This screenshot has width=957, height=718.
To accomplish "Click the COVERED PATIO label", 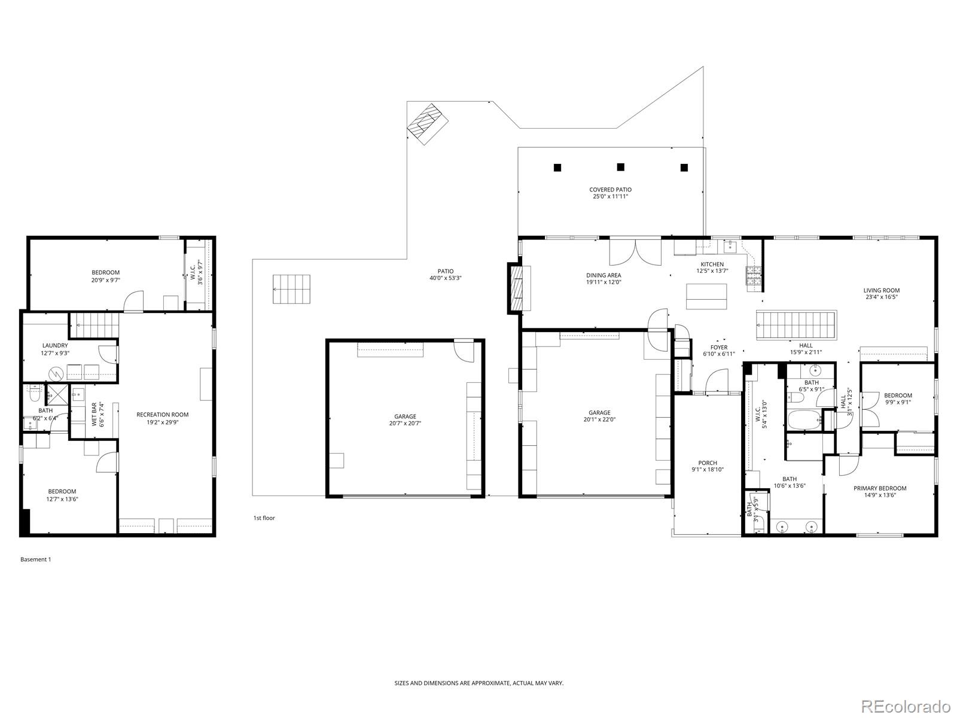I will tap(610, 190).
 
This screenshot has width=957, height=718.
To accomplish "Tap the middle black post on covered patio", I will tap(621, 167).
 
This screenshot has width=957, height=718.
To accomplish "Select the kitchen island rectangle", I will tap(706, 296).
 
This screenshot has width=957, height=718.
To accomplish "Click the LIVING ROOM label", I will tap(882, 290).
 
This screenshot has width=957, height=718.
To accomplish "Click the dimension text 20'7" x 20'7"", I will tap(405, 424).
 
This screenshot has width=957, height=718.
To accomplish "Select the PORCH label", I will tap(708, 463).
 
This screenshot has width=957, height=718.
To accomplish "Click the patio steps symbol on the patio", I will tap(292, 289).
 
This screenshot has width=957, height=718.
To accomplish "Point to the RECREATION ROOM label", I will tap(162, 414).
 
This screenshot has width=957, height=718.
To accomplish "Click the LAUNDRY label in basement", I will tap(55, 345).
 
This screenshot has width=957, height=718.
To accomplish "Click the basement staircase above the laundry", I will tap(95, 325).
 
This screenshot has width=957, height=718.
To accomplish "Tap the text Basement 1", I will tap(36, 559).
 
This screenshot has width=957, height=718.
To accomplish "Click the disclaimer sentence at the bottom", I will tap(478, 683).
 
